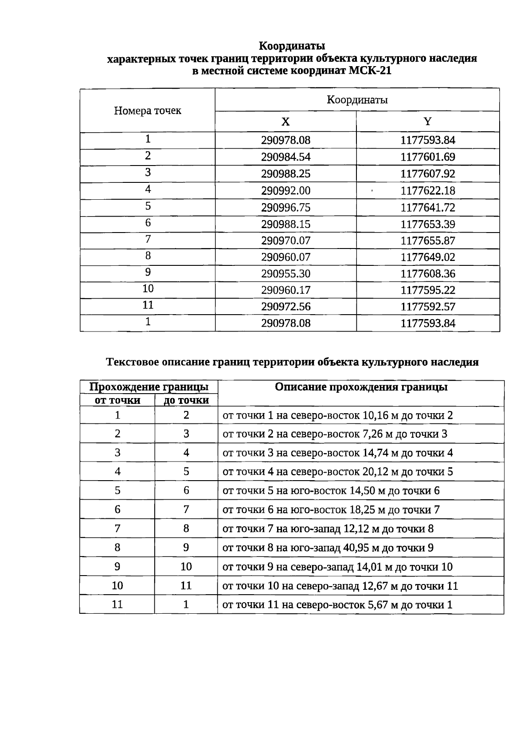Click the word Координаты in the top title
click(292, 46)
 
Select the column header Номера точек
click(148, 111)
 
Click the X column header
click(286, 122)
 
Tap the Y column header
click(427, 122)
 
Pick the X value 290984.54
click(286, 157)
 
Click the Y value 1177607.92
click(427, 174)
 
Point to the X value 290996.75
click(286, 208)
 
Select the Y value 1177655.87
click(427, 241)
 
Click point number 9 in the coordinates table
click(148, 272)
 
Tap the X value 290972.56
click(286, 307)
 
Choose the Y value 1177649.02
click(427, 257)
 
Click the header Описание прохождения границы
click(361, 387)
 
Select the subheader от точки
click(117, 400)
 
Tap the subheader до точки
click(186, 400)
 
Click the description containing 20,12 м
click(337, 472)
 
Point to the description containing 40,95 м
click(328, 548)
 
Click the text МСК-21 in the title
click(370, 71)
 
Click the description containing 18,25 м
click(331, 510)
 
